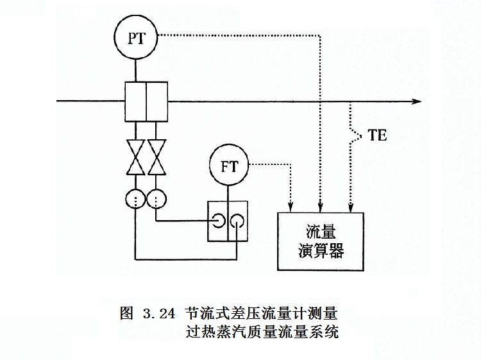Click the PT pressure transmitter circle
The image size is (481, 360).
136,37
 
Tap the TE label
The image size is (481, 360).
378,136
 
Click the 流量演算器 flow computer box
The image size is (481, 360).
322,241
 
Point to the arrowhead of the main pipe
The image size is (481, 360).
416,101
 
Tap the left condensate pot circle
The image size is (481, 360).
136,199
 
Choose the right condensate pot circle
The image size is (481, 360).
156,199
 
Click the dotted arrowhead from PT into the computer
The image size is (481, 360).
319,207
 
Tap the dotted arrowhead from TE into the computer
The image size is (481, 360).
350,207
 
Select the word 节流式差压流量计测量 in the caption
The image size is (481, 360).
261,314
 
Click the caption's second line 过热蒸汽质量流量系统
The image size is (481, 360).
261,333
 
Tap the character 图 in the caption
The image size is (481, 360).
126,314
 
